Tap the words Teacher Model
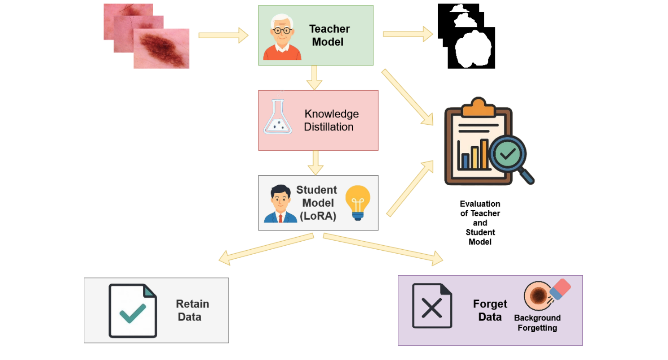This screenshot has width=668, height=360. [329, 35]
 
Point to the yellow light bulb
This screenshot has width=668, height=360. [358, 202]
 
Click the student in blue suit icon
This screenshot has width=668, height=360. [280, 204]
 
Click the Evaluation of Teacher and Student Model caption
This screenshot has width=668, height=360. [480, 223]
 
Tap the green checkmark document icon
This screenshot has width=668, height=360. [133, 311]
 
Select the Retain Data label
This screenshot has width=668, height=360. [191, 310]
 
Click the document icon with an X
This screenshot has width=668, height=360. [432, 306]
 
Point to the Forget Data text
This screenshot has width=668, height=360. [490, 310]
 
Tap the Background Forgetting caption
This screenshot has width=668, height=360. [537, 323]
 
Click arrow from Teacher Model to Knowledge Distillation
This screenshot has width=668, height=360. [315, 78]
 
